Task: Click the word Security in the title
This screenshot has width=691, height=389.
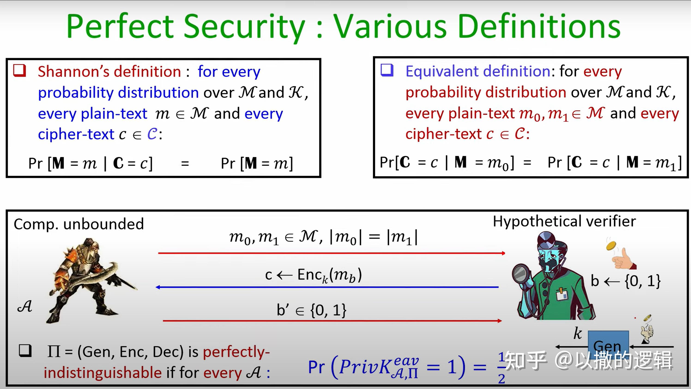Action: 244,27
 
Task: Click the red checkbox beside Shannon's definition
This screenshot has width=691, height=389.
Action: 20,71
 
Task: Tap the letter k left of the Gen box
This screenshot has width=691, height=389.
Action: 578,333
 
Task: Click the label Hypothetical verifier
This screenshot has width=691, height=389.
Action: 564,222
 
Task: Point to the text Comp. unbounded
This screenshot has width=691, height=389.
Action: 78,224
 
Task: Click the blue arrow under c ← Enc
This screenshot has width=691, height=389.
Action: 327,287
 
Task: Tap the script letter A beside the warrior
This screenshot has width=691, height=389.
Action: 25,306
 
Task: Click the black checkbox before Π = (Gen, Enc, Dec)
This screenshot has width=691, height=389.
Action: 25,351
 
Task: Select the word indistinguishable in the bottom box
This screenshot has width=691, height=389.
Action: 103,373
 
